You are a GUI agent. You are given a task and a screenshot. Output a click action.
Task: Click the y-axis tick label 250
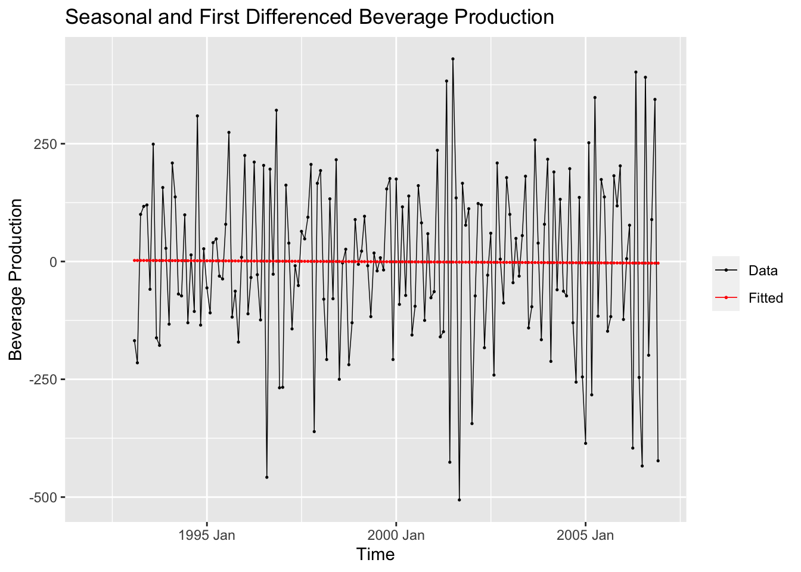click(x=46, y=144)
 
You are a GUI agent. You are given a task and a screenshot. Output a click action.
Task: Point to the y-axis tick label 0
click(x=53, y=262)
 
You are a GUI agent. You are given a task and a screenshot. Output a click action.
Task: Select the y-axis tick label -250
click(x=44, y=380)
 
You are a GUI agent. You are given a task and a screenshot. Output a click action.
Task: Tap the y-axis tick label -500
click(x=44, y=497)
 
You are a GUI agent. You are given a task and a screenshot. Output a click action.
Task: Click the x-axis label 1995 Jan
click(x=207, y=534)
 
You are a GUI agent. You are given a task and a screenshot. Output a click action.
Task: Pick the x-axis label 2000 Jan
click(x=396, y=534)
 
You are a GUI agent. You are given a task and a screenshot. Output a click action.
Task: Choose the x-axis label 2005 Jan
click(x=585, y=534)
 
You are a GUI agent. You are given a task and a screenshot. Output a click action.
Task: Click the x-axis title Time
click(x=375, y=555)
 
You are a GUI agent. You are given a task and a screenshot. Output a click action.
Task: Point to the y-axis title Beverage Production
click(x=16, y=279)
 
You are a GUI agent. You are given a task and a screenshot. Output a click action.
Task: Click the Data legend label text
click(x=763, y=271)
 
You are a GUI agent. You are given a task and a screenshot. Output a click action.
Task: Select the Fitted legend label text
click(x=766, y=298)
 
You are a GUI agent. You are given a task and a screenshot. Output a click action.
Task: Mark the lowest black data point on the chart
click(x=459, y=500)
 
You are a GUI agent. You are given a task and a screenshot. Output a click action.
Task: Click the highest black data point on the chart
click(x=453, y=59)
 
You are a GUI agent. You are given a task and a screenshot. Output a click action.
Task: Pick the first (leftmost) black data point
click(x=134, y=341)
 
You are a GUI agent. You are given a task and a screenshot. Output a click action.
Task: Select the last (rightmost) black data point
click(x=658, y=461)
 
